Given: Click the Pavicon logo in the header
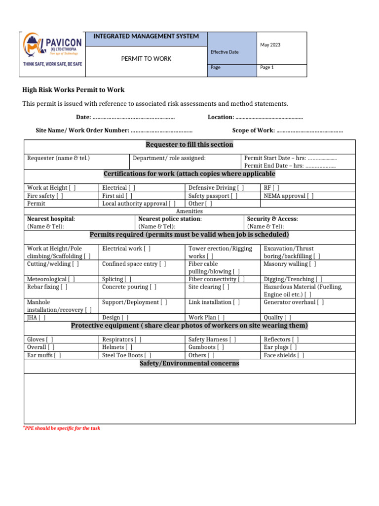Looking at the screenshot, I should (52, 54).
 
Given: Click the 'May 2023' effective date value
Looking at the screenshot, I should (270, 45).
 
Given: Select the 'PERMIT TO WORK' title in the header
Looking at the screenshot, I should (146, 59).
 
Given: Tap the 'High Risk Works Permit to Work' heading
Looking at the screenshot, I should (74, 90).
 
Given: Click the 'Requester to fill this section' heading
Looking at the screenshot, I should (189, 145).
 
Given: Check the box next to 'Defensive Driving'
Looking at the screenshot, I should (240, 188).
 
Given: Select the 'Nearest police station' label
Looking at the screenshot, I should (170, 219).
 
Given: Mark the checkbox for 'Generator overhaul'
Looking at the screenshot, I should (321, 302).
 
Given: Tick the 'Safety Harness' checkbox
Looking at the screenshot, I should (232, 339).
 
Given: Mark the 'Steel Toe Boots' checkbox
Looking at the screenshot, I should (148, 355).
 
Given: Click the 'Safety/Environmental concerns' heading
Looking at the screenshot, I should (189, 364).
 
